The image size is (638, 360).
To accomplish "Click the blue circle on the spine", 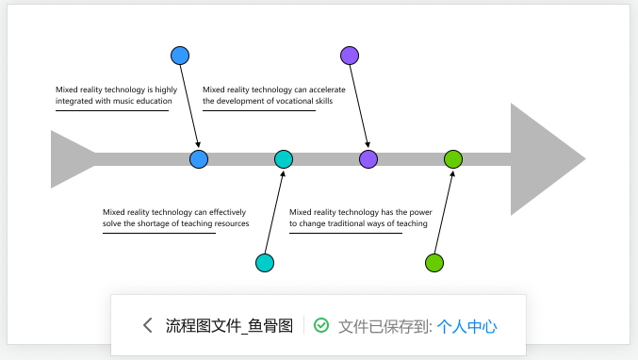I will (199, 159).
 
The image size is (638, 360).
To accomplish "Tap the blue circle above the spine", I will (180, 56).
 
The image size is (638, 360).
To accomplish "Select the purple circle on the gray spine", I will (368, 159).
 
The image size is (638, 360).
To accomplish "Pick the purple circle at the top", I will (350, 56).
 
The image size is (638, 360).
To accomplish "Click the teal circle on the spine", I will (284, 159).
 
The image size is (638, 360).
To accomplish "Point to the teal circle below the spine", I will (265, 263).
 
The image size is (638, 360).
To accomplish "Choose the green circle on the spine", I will (453, 159).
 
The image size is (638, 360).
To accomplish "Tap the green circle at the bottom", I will (434, 263).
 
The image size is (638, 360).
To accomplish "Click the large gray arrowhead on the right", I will (542, 159).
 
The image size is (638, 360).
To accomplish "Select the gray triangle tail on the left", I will (68, 159).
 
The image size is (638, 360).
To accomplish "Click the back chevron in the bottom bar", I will (147, 326).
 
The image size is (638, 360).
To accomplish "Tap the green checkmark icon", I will (321, 326).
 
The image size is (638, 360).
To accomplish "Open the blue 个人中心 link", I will (467, 327).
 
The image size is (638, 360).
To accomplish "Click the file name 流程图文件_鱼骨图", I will (229, 327).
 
